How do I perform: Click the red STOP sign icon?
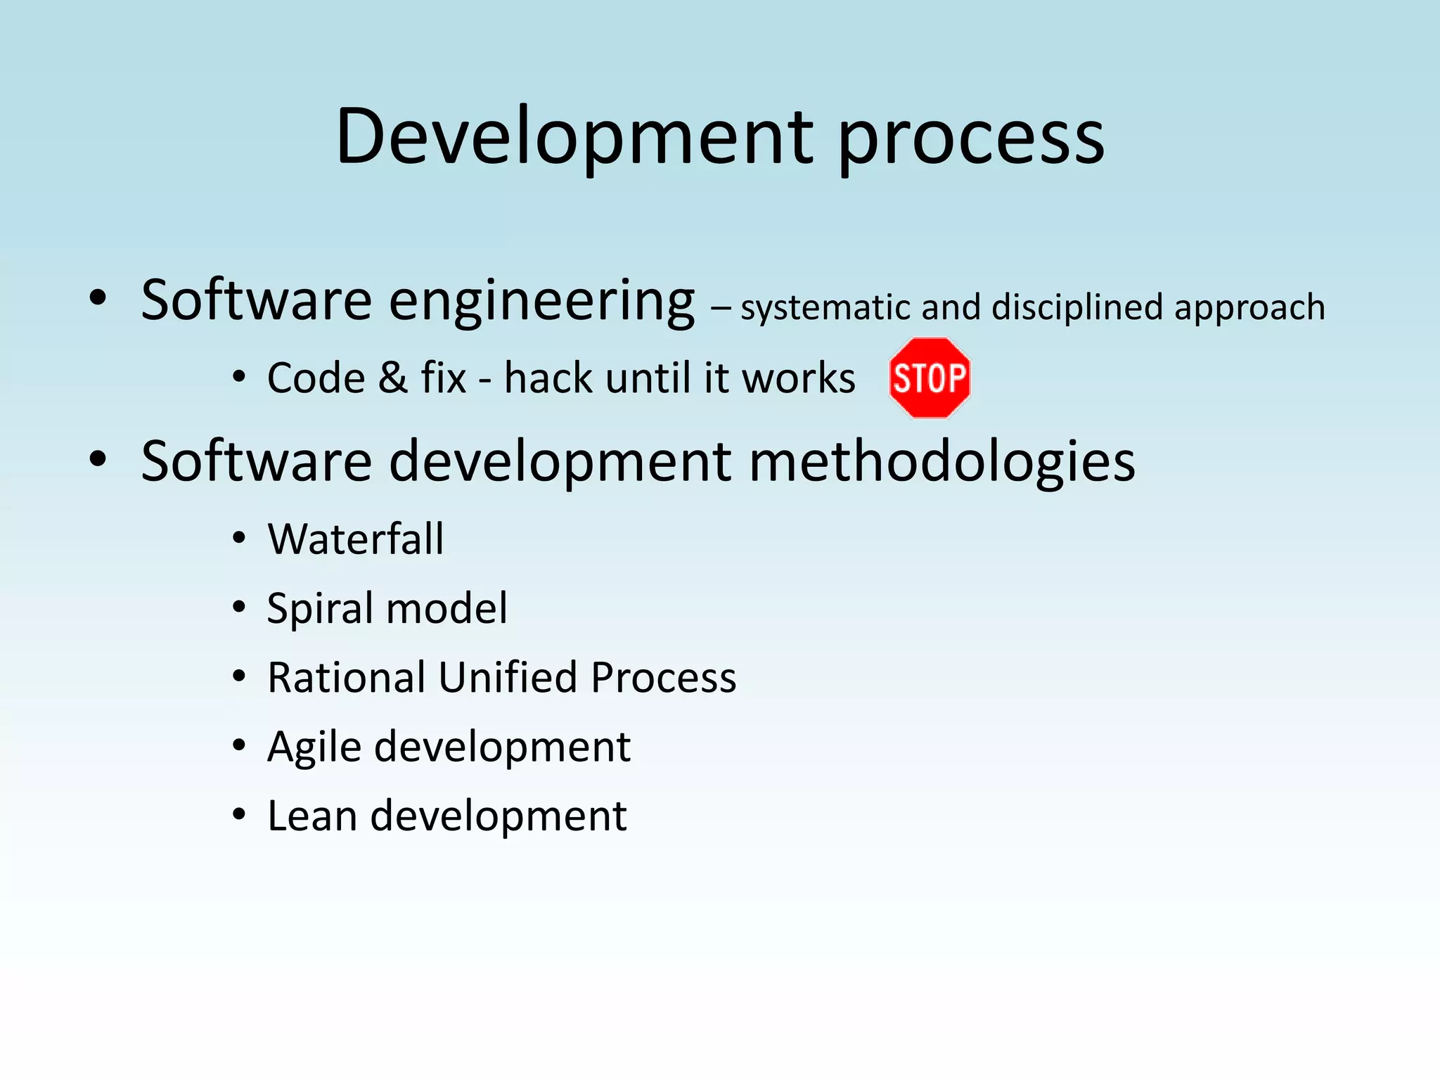click(930, 378)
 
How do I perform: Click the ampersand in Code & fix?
click(392, 378)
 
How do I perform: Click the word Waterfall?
click(356, 539)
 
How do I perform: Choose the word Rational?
click(347, 678)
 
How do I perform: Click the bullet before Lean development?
click(239, 816)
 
